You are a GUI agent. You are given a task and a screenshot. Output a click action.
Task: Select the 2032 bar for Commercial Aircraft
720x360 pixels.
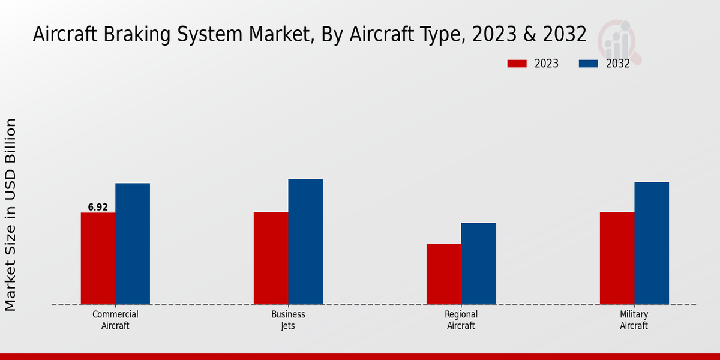tap(133, 244)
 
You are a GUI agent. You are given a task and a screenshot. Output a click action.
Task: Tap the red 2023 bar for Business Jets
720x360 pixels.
tap(271, 258)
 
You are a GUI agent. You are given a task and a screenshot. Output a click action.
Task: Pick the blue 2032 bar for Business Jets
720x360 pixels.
tap(305, 241)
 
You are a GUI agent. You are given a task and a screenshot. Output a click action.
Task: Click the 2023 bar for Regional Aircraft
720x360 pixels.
tap(444, 274)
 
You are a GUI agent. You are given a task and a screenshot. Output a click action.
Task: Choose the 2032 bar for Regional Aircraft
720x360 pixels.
tap(479, 263)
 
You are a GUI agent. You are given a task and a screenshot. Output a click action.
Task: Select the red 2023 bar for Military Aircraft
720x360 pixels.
tap(617, 258)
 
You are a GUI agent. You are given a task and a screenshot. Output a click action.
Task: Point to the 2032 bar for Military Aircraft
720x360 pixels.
tap(652, 243)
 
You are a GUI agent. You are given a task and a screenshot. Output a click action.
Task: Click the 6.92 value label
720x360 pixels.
tap(98, 208)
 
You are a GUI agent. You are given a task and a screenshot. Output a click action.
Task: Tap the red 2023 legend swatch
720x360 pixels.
tap(517, 64)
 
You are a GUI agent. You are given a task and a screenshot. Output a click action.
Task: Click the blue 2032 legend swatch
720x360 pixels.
tap(589, 64)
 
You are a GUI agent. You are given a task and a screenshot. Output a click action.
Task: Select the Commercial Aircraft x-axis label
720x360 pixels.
tap(115, 320)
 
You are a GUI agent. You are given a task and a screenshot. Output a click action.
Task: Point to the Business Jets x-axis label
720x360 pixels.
tap(288, 320)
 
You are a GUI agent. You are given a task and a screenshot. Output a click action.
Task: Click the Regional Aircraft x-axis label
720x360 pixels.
tap(461, 320)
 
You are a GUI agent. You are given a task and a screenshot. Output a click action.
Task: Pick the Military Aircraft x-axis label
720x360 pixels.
tap(634, 320)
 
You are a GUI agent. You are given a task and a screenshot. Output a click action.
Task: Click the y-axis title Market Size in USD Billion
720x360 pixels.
tap(11, 215)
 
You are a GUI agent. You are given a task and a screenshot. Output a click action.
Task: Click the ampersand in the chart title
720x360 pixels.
tap(530, 35)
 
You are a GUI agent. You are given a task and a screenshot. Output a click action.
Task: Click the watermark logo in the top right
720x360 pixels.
tap(620, 41)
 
